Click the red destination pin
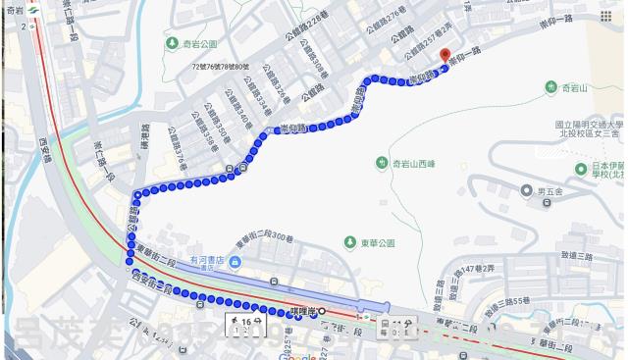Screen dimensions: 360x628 (444, 55)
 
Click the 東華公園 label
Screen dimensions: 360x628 (379, 242)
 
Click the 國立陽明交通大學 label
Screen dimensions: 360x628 (589, 126)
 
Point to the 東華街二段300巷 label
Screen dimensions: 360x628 (265, 239)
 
